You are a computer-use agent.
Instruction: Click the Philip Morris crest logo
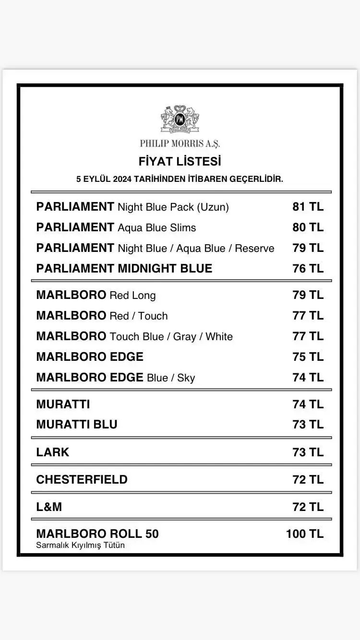coord(180,119)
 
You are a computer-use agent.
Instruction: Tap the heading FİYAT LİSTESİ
coord(180,161)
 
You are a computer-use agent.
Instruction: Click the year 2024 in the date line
coord(122,179)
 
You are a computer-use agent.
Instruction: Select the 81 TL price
coord(308,207)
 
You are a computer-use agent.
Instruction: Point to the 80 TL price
coord(308,227)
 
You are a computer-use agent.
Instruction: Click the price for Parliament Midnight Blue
coord(308,268)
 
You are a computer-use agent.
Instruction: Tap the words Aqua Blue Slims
coord(157,227)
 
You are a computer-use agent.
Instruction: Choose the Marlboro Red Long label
coord(96,295)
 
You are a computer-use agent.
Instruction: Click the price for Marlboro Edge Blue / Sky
coord(308,378)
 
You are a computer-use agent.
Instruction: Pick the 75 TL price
coord(308,357)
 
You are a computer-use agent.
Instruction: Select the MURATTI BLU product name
coord(77,425)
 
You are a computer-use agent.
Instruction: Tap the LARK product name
coord(53,452)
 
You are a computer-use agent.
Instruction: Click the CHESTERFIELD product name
coord(82,479)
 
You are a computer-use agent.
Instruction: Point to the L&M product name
coord(49,507)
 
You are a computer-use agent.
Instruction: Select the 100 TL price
coord(305,533)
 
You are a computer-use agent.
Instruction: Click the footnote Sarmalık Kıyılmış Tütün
coord(80,545)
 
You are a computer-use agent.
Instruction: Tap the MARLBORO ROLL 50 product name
coord(97,533)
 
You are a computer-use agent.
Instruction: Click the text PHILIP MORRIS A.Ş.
coord(180,143)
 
